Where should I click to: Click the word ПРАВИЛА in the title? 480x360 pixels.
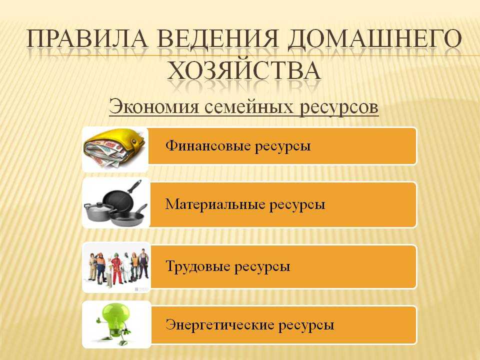(x=87, y=39)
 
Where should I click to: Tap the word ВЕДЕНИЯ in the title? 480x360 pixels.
(x=217, y=39)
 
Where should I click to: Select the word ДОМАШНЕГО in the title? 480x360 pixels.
(x=374, y=39)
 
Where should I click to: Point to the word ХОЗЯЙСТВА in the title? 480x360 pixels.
(x=244, y=70)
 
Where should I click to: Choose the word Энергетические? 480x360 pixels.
(x=219, y=324)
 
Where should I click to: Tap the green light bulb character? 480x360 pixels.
(x=114, y=323)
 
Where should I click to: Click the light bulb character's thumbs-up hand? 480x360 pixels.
(x=98, y=320)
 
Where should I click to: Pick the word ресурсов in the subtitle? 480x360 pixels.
(x=338, y=107)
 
